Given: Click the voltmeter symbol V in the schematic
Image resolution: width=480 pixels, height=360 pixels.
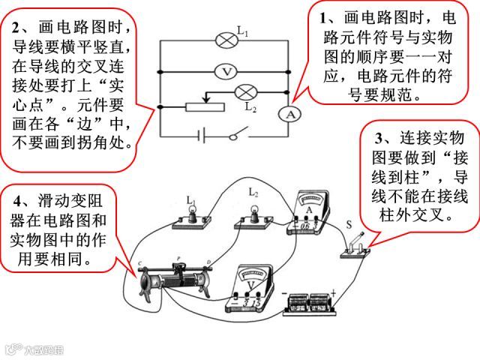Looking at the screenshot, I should pyautogui.click(x=225, y=71).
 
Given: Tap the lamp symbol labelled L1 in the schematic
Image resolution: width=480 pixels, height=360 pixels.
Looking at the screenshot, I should pyautogui.click(x=225, y=39).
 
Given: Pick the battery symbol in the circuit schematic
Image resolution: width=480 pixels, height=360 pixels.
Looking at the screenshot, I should pyautogui.click(x=200, y=137).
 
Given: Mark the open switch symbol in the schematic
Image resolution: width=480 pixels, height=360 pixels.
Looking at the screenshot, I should pyautogui.click(x=237, y=136).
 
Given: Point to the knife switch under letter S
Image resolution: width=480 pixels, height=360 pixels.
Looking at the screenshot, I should pyautogui.click(x=356, y=247).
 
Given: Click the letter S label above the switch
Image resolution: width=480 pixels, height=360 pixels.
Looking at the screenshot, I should pyautogui.click(x=348, y=223).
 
